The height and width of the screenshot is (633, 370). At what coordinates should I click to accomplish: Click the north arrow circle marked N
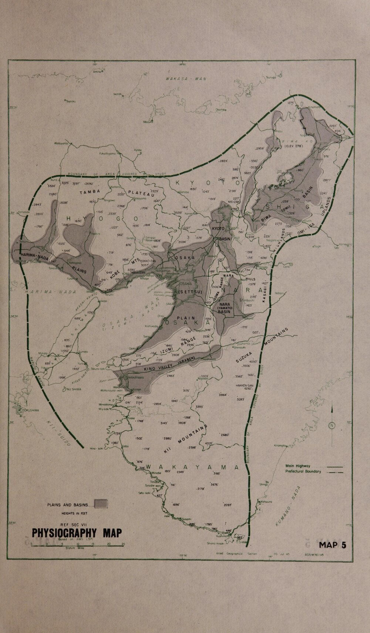[332, 425]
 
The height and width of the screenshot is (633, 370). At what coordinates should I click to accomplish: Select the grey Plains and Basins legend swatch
[101, 504]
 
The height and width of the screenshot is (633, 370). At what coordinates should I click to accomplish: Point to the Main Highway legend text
[297, 466]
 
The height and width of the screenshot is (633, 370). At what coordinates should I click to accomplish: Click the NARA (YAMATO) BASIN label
[224, 308]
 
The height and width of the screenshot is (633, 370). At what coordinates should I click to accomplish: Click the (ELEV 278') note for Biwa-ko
[294, 146]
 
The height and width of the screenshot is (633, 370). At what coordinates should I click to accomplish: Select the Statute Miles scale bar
[77, 546]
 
